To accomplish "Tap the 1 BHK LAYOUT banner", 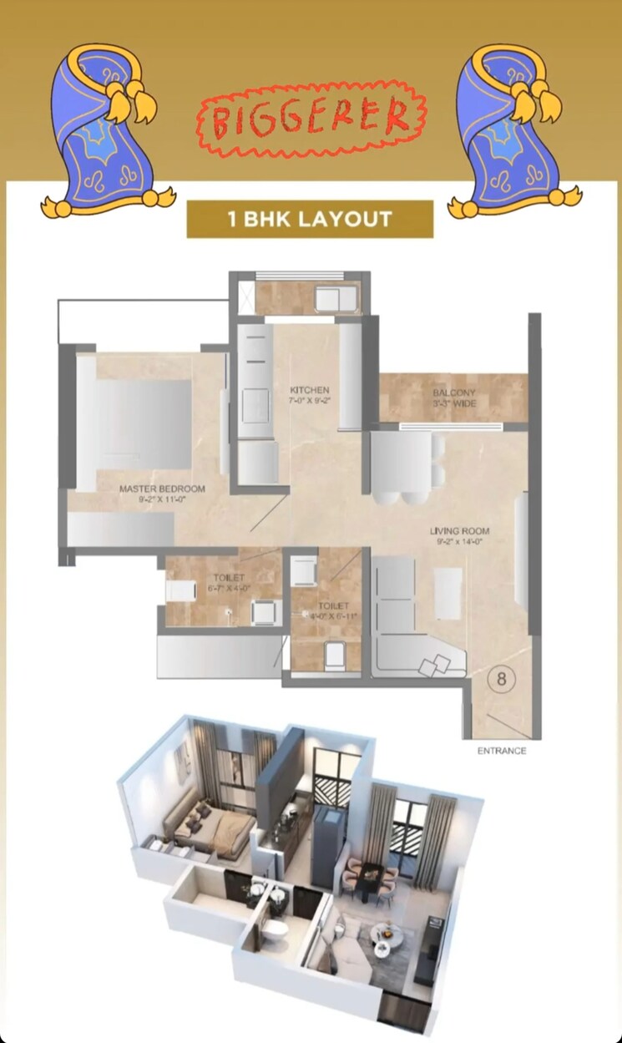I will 310,220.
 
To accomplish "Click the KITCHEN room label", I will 310,390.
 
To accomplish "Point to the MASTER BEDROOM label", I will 162,489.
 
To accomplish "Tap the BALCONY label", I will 454,393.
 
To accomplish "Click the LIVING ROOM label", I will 459,531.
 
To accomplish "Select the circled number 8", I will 501,678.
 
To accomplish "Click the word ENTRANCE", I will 502,751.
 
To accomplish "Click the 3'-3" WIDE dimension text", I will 454,404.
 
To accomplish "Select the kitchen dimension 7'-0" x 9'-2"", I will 310,401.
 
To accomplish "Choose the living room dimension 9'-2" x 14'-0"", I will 459,542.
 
